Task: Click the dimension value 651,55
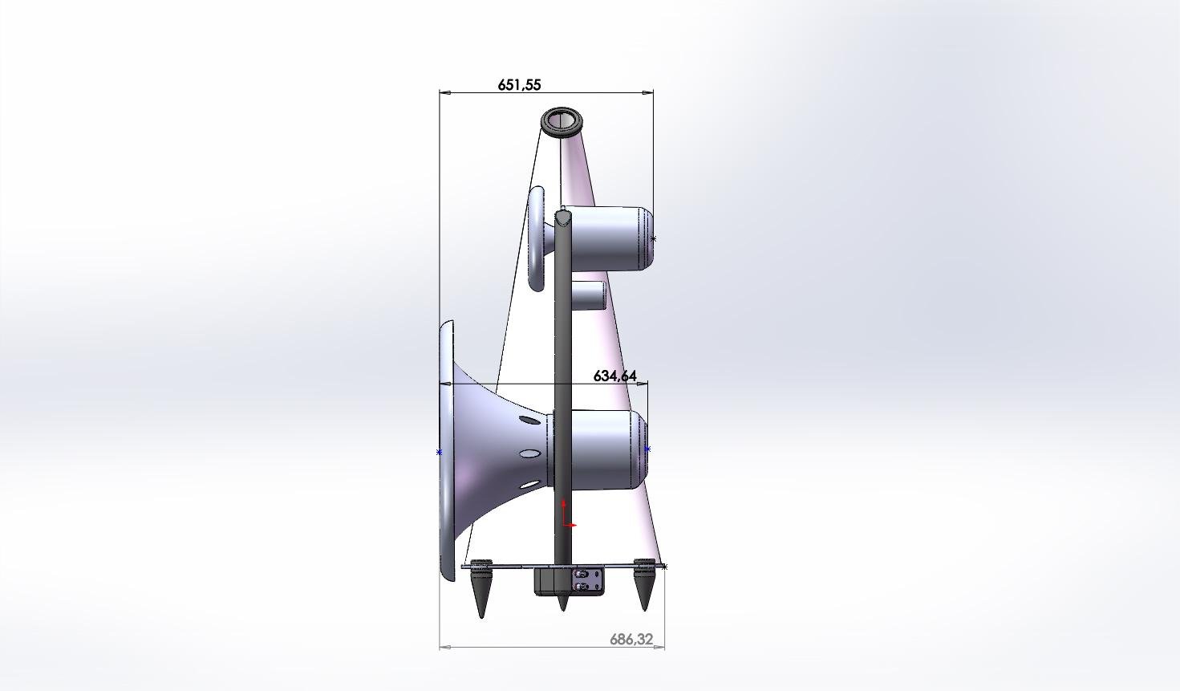[x=520, y=85]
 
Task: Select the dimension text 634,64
[x=614, y=376]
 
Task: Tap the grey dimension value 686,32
[x=631, y=640]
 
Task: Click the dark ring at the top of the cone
[x=562, y=122]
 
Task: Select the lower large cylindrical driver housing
[x=606, y=449]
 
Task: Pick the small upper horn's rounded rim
[x=537, y=238]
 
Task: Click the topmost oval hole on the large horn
[x=529, y=420]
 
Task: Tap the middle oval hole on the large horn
[x=529, y=453]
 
